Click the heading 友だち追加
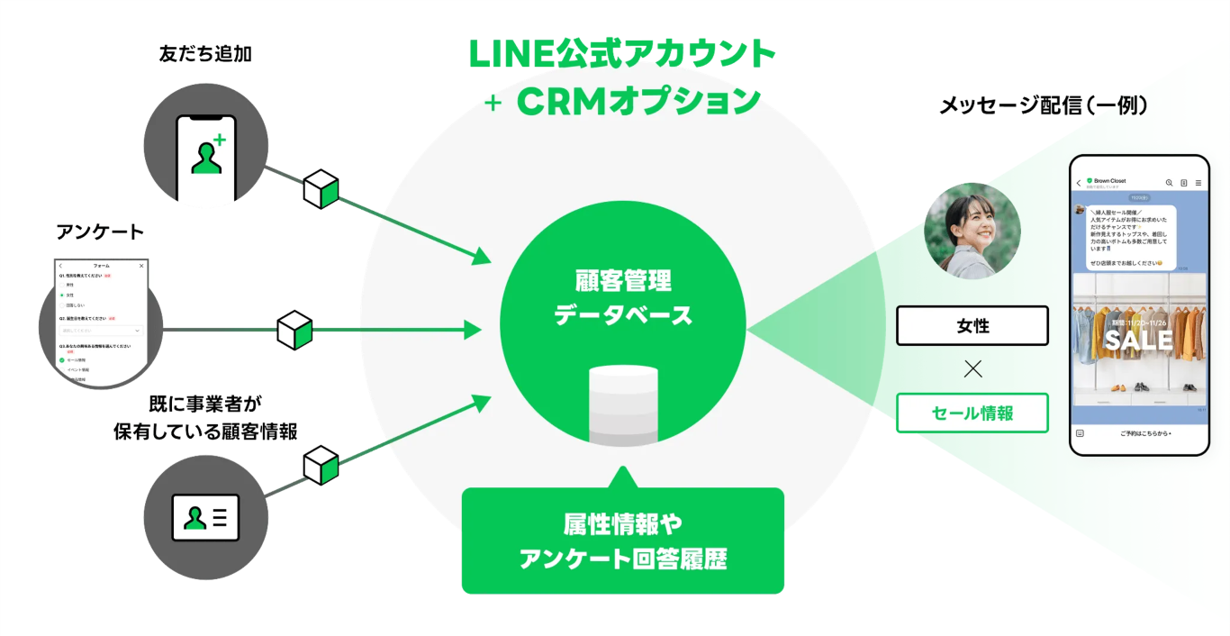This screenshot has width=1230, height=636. tap(205, 54)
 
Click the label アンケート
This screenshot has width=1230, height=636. tap(100, 232)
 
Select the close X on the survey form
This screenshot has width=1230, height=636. tap(141, 266)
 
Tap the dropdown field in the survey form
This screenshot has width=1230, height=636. tap(101, 331)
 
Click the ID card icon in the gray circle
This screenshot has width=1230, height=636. tap(205, 517)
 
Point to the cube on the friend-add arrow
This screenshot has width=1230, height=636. tap(321, 189)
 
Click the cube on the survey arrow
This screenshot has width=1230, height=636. tap(294, 330)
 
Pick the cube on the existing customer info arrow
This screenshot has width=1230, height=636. tap(321, 465)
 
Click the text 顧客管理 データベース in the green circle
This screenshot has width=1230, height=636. tap(623, 298)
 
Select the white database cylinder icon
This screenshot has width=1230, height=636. tap(623, 404)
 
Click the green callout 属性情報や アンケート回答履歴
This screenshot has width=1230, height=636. tap(623, 541)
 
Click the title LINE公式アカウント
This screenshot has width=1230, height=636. tap(623, 54)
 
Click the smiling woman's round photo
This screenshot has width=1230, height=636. tap(972, 231)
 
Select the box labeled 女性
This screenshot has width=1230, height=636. tap(972, 326)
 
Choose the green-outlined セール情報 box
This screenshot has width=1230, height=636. tap(972, 413)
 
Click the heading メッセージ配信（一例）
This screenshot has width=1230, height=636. tap(1044, 105)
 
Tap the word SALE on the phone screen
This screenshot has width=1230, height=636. tap(1138, 340)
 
